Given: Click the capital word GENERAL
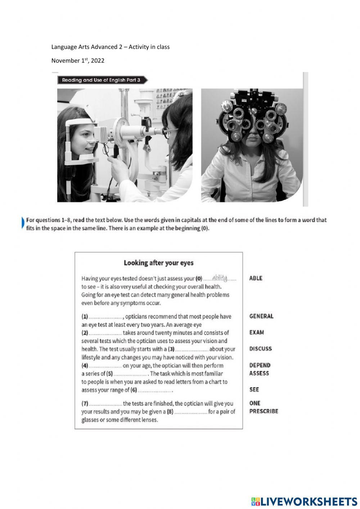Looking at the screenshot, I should (x=261, y=316).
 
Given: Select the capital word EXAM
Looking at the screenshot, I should (x=257, y=332).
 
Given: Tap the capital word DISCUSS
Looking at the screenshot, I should (x=261, y=349).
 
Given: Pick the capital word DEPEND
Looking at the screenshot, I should (x=260, y=365).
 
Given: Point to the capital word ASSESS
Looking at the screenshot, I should (x=259, y=373).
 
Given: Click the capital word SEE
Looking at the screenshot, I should (x=254, y=389).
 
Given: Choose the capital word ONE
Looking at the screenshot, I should (x=255, y=403).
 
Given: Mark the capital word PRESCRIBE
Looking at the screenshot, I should (x=264, y=411).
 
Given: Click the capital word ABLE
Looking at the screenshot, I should (x=256, y=278).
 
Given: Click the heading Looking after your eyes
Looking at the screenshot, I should (x=159, y=263).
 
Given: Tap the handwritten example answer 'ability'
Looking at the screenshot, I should (x=220, y=278).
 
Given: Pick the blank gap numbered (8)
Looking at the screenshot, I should (x=191, y=412).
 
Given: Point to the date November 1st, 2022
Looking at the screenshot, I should (x=78, y=61).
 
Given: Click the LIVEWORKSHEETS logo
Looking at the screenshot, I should (x=304, y=501).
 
